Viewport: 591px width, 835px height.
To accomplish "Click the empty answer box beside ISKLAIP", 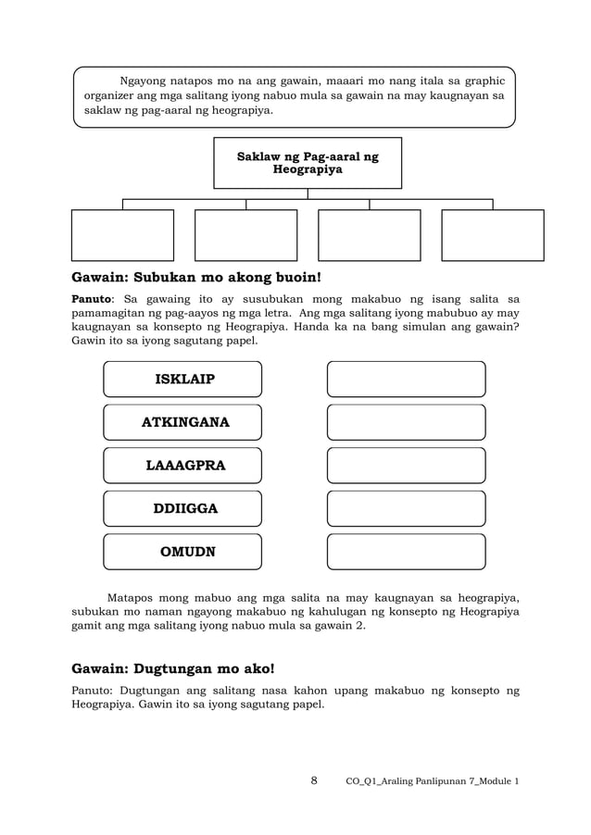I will click(x=406, y=380).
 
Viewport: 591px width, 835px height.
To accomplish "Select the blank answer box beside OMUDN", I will click(x=406, y=552).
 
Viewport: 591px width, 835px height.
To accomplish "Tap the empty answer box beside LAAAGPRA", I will click(x=406, y=466).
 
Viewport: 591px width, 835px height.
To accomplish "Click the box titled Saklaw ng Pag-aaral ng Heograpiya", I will click(x=308, y=164).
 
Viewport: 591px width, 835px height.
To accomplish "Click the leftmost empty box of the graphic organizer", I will click(x=122, y=235).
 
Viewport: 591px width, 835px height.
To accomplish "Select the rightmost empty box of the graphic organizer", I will click(x=492, y=235).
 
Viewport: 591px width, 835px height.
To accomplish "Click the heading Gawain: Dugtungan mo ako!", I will click(x=173, y=667).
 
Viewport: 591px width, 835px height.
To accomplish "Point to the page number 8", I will click(x=314, y=780).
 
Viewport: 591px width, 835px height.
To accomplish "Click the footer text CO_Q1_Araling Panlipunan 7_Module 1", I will click(x=432, y=781).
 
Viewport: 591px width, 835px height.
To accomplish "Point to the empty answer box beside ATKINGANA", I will click(x=406, y=423).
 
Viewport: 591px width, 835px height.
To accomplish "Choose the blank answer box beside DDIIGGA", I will click(x=406, y=508).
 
